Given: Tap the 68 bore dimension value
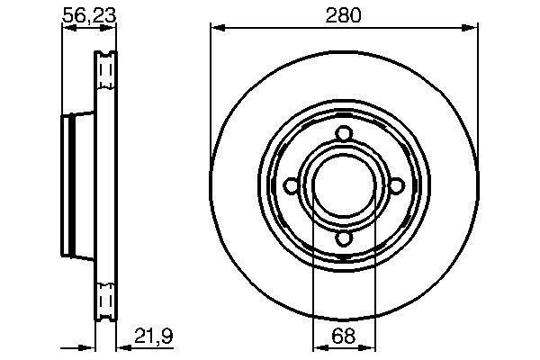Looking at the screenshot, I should [344, 339].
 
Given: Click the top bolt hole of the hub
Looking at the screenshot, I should [343, 135].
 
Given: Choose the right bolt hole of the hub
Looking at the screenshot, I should [395, 186].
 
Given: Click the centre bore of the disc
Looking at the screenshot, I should [343, 186].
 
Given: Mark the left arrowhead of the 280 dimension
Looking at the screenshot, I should [216, 28].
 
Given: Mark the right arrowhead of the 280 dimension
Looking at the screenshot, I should [471, 28].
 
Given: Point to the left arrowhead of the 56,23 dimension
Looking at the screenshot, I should [66, 28].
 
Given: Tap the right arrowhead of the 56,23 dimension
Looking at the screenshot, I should [112, 28].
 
